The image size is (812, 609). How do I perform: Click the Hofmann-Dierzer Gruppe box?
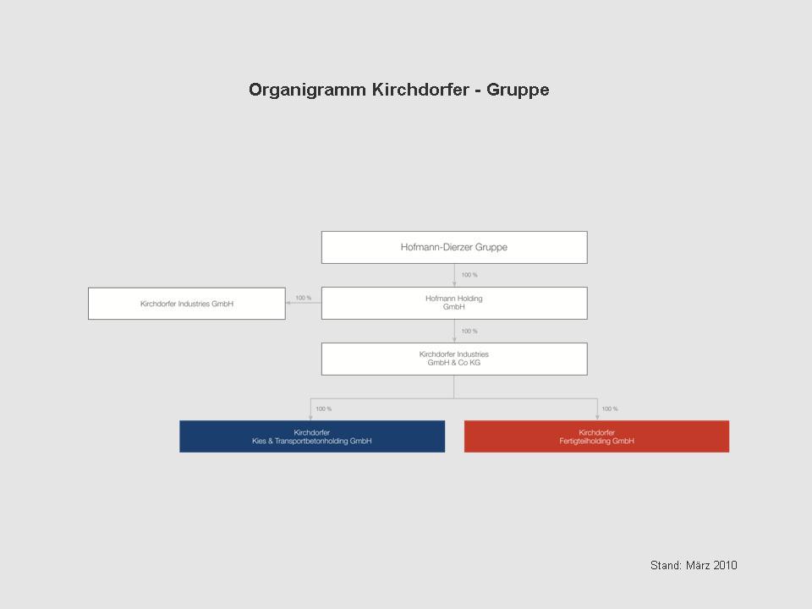coord(454,248)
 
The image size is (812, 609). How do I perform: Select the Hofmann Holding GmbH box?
coord(454,303)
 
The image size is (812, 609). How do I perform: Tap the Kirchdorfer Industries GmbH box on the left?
coord(186,304)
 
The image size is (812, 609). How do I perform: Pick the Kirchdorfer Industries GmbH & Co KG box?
coord(454,359)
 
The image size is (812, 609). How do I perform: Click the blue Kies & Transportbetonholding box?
coord(312,436)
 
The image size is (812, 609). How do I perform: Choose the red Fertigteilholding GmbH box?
coord(596,436)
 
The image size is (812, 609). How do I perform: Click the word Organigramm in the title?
coord(307,91)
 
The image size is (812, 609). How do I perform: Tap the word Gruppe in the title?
coord(518,91)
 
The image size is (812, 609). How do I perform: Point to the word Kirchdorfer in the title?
coord(420,89)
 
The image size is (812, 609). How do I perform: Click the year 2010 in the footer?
coord(725,565)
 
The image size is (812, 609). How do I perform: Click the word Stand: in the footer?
coord(666,565)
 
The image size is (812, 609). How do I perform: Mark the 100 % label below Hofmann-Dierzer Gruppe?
coord(469,275)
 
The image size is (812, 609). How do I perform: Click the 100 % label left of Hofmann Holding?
coord(304,298)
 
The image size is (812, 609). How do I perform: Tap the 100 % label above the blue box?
coord(324,409)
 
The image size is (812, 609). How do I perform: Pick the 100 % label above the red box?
coord(610,409)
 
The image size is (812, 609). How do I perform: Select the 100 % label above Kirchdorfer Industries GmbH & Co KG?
coord(469,331)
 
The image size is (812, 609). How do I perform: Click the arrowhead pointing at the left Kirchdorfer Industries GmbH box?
coord(288,303)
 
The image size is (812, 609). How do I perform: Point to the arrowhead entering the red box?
coord(597,417)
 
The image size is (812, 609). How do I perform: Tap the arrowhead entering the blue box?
coord(310,417)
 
